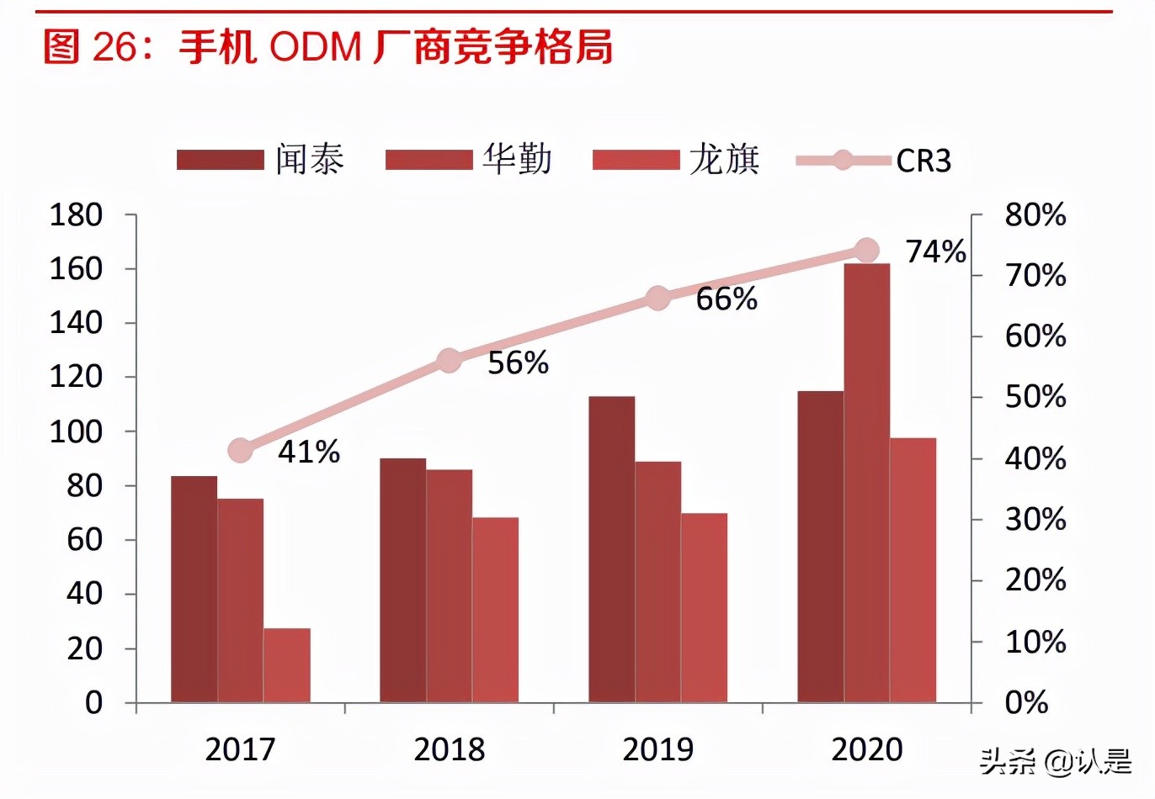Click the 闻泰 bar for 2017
pos(194,589)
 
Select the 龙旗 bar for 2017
pos(286,665)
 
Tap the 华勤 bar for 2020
pos(866,483)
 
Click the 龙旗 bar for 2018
pos(495,610)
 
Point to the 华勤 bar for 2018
pos(449,585)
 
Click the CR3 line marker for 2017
pos(241,451)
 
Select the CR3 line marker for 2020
pos(866,250)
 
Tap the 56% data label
pos(518,363)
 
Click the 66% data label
pos(726,299)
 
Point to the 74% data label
pos(934,251)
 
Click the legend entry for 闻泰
pos(261,160)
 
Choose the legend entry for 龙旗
pos(676,160)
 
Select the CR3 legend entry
pos(874,160)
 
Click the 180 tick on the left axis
pos(76,215)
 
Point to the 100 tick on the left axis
pos(76,431)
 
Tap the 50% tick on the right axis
pos(1035,397)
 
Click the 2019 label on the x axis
pos(657,749)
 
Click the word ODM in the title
pos(316,47)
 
